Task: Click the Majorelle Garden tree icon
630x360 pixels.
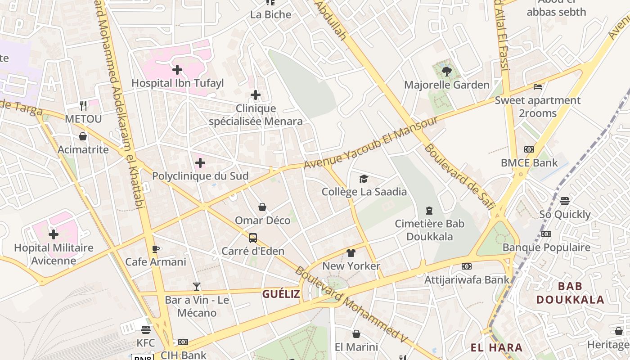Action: pyautogui.click(x=447, y=71)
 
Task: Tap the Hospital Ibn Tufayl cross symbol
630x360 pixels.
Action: pyautogui.click(x=177, y=70)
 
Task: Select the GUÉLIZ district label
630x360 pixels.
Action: pyautogui.click(x=281, y=294)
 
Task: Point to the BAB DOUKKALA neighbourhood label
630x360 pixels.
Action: pyautogui.click(x=570, y=293)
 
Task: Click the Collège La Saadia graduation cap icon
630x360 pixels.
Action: pyautogui.click(x=364, y=179)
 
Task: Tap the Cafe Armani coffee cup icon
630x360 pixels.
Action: pyautogui.click(x=156, y=249)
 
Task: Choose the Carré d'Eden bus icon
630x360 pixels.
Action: pyautogui.click(x=253, y=238)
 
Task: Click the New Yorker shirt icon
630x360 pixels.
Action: pyautogui.click(x=351, y=253)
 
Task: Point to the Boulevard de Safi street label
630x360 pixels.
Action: pyautogui.click(x=459, y=177)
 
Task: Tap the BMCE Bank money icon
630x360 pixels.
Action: pyautogui.click(x=529, y=149)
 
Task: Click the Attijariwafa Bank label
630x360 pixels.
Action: pyautogui.click(x=467, y=280)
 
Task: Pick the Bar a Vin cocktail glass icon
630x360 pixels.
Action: pyautogui.click(x=197, y=286)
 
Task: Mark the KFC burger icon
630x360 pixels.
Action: pyautogui.click(x=145, y=330)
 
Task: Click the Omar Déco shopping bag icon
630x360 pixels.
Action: pyautogui.click(x=262, y=207)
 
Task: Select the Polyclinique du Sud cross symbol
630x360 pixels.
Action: pyautogui.click(x=200, y=163)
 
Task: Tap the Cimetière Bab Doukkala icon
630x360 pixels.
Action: pyautogui.click(x=429, y=210)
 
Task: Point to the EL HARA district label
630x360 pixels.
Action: pyautogui.click(x=496, y=347)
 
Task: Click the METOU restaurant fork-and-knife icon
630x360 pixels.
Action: pyautogui.click(x=83, y=105)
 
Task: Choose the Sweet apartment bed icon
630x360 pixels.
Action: pyautogui.click(x=537, y=87)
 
